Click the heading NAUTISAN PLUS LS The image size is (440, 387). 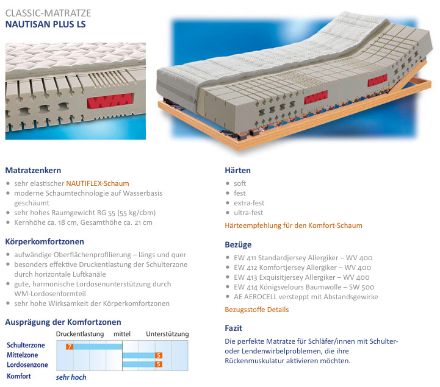(x=46, y=25)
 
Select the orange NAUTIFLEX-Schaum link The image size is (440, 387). (x=98, y=183)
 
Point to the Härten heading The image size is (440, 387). (x=238, y=170)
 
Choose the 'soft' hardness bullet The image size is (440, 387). (x=240, y=183)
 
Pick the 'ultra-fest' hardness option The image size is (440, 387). (x=248, y=213)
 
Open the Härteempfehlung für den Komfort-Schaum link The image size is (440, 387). (x=294, y=225)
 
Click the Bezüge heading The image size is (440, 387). (x=239, y=244)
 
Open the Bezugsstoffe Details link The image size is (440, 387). (x=257, y=310)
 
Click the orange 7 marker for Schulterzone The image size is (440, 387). (x=70, y=346)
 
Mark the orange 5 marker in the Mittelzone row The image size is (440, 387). (x=159, y=355)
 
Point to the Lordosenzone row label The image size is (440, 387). (x=27, y=364)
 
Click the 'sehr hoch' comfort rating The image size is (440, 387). (x=71, y=377)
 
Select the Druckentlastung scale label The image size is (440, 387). (x=80, y=334)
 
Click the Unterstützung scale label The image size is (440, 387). (x=167, y=334)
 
